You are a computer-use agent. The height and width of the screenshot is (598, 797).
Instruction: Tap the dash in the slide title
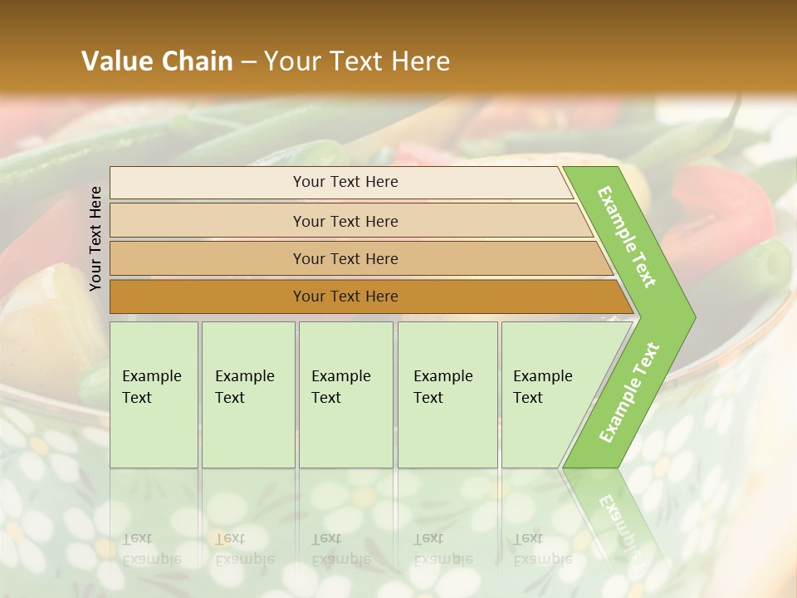248,62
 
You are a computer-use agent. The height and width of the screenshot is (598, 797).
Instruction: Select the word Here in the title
420,61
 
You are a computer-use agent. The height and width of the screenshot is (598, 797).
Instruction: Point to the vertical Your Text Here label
95,238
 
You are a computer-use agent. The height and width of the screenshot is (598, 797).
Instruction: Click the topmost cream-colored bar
340,182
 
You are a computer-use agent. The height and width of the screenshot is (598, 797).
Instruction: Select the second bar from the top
349,221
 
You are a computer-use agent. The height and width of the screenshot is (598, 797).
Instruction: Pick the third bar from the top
357,258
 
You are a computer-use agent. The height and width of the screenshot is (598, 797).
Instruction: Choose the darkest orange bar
365,297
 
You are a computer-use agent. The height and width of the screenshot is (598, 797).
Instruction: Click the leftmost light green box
154,395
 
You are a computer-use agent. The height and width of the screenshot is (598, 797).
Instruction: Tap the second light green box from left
247,395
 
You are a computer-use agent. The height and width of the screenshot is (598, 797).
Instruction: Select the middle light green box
345,395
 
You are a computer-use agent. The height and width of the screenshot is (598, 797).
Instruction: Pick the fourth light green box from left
447,395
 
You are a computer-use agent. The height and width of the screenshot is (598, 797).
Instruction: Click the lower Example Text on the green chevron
629,392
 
